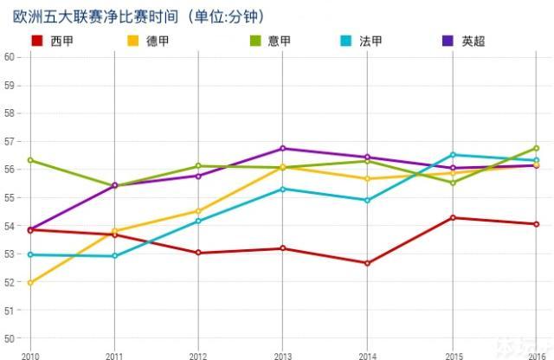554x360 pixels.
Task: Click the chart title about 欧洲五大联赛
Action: pyautogui.click(x=138, y=16)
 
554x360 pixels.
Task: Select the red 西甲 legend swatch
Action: pyautogui.click(x=35, y=41)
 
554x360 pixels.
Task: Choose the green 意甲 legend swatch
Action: pyautogui.click(x=255, y=41)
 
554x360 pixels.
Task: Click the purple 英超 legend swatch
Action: pyautogui.click(x=448, y=41)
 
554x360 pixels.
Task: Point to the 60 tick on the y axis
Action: pyautogui.click(x=10, y=57)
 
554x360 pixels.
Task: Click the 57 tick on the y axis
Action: pyautogui.click(x=10, y=141)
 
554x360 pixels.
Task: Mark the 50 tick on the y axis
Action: pyautogui.click(x=10, y=338)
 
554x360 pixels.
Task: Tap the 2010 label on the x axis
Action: pyautogui.click(x=30, y=355)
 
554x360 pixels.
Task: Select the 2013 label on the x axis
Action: pyautogui.click(x=283, y=355)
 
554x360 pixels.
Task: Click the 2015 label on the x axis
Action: pyautogui.click(x=452, y=355)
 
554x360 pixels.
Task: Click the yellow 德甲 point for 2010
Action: pyautogui.click(x=30, y=283)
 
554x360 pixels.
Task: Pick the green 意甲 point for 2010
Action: pyautogui.click(x=30, y=160)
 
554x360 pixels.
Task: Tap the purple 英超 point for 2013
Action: pyautogui.click(x=283, y=148)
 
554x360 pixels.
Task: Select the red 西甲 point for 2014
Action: pyautogui.click(x=368, y=263)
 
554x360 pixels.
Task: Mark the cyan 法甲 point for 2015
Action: pyautogui.click(x=452, y=155)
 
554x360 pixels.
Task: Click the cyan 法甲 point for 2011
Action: pyautogui.click(x=114, y=256)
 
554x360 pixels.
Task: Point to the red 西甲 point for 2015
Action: pyautogui.click(x=452, y=217)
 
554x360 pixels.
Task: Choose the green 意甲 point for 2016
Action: pyautogui.click(x=536, y=148)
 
